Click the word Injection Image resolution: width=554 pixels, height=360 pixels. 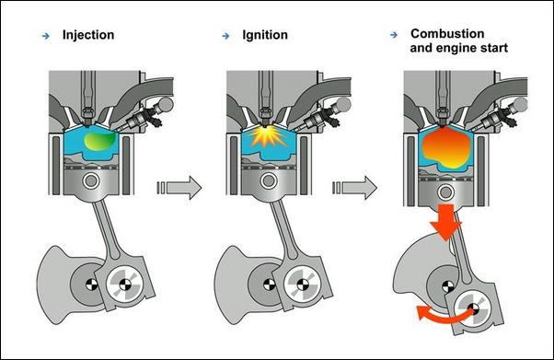[x=88, y=35]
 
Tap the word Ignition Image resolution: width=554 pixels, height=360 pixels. [x=265, y=35]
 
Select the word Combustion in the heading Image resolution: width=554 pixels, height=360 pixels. [x=447, y=33]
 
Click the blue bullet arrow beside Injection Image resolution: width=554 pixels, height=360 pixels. [x=46, y=36]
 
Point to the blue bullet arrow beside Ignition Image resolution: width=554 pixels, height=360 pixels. [x=225, y=36]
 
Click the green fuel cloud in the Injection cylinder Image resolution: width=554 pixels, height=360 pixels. [x=99, y=142]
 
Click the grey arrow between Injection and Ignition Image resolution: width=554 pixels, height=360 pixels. [x=179, y=188]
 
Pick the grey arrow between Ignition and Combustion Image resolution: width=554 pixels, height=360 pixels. [x=354, y=188]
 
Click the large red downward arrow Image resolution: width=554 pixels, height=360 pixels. [x=446, y=222]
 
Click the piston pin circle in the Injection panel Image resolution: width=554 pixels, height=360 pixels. [x=91, y=181]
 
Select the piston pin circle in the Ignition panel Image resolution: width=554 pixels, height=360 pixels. [x=269, y=181]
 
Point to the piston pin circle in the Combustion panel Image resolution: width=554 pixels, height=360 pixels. [x=446, y=192]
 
